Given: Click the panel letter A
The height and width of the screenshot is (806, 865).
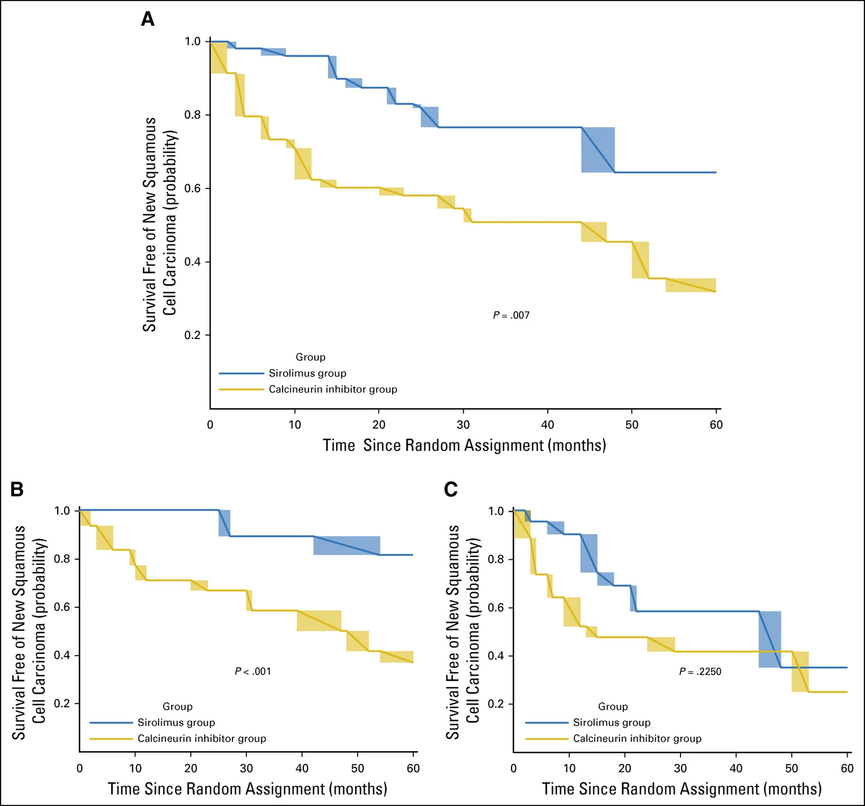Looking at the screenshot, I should [148, 20].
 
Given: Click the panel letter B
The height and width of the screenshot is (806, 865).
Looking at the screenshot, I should [17, 489].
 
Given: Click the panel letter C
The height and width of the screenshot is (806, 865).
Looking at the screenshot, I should [451, 489].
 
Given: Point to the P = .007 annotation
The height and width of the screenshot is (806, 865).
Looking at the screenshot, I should [511, 315].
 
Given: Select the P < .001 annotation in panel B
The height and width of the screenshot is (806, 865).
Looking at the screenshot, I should [253, 671].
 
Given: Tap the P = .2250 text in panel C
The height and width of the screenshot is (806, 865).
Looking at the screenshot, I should [700, 671].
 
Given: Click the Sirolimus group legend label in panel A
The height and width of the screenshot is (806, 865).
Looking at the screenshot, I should [307, 373].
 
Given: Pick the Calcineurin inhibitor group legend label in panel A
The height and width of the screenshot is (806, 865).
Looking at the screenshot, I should [333, 389].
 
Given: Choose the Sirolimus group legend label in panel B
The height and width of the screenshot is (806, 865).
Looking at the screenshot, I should [176, 722].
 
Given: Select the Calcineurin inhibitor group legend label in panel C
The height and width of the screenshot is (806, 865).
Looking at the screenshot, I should [637, 739].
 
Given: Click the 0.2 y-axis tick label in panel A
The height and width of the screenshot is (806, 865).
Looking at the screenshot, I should [193, 335].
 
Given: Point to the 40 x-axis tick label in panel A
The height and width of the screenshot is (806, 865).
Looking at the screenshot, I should [547, 425].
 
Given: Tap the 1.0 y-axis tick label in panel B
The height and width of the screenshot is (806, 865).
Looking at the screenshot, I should [62, 511].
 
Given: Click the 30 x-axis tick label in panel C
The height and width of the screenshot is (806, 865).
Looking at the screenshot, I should [680, 769].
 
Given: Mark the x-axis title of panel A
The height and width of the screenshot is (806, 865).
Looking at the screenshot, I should [464, 445].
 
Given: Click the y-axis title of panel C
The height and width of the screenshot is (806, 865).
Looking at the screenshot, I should [462, 632].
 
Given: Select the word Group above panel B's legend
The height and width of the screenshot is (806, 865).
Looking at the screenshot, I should [178, 706].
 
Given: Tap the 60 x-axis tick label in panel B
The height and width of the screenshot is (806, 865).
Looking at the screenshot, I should [413, 769].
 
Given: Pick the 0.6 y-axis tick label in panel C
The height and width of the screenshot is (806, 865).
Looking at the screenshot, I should [496, 608].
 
